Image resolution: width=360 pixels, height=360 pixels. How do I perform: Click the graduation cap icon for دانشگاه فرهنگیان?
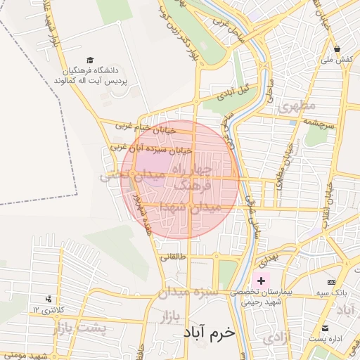coord(89,60)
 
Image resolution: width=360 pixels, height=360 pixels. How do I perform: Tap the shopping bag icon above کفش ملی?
coord(337,49)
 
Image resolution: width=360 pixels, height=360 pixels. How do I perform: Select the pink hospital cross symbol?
coord(261,281)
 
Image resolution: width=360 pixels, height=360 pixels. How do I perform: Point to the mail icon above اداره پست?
coord(325,328)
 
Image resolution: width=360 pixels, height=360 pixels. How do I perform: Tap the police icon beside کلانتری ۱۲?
coord(48,299)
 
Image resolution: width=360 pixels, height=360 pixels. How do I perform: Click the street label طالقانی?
coord(174,257)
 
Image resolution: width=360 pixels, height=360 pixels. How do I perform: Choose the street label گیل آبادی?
coord(234,91)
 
